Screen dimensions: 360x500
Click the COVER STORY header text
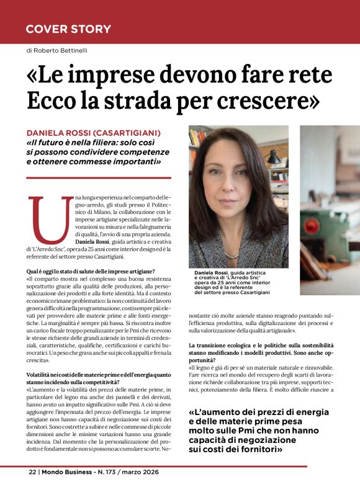coord(68,29)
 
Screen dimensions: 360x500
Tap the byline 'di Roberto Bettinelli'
coord(56,50)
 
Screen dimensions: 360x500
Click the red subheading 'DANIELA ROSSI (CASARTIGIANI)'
coord(94,133)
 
